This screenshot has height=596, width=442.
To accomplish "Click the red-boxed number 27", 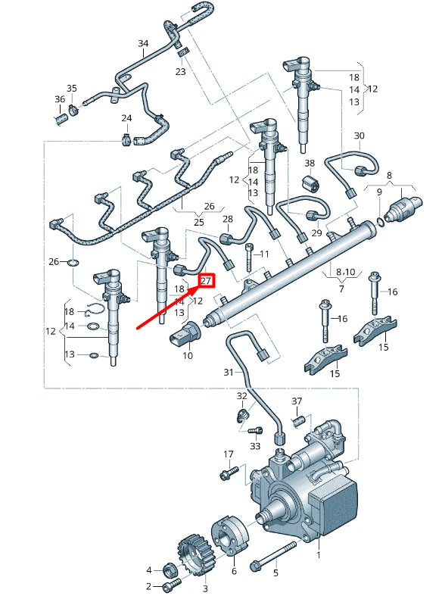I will (x=207, y=281).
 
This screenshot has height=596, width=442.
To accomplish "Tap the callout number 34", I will (x=143, y=43).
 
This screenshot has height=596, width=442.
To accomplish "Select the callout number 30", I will (x=360, y=136).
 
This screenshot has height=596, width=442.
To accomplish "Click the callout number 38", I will (x=310, y=163).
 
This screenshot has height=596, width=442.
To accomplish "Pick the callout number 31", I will (x=229, y=372).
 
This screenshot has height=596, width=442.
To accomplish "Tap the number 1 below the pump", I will (x=318, y=555).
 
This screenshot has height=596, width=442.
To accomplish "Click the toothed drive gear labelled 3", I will (x=191, y=556).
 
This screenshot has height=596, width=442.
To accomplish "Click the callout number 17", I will (x=228, y=454).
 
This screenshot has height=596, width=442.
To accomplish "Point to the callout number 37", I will (x=297, y=401).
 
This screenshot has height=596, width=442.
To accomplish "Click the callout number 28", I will (x=227, y=219).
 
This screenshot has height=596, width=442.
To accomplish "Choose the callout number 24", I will (x=126, y=118).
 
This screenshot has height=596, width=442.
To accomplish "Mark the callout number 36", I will (x=60, y=99).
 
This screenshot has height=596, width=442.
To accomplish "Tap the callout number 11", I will (x=264, y=253).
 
